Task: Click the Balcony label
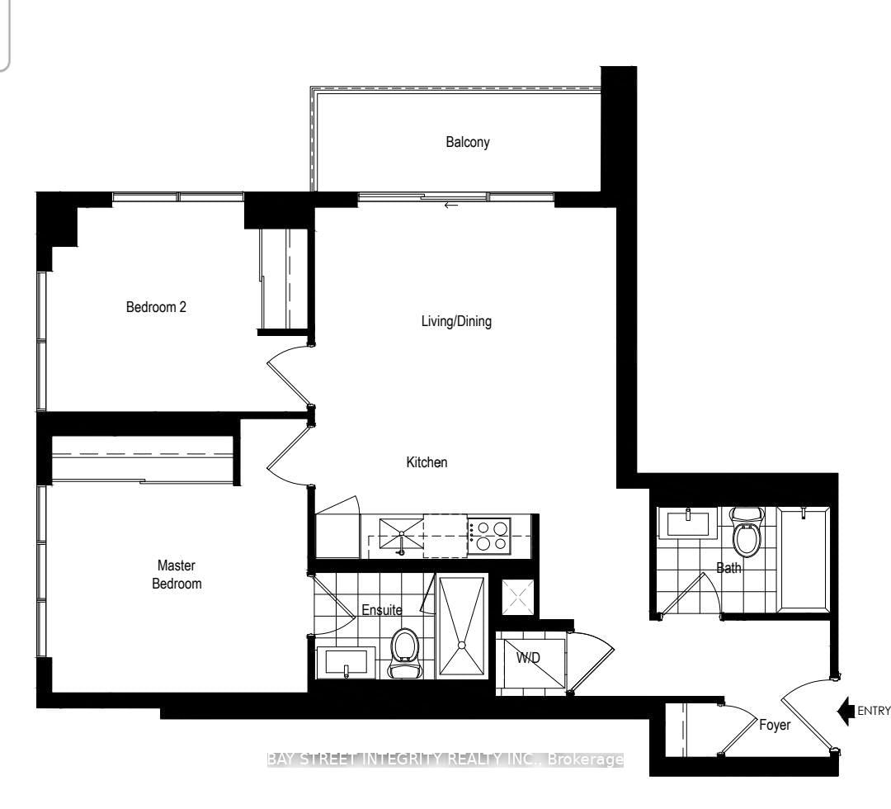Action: tap(467, 142)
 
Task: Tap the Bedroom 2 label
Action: tap(156, 307)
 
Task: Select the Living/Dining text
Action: tap(456, 321)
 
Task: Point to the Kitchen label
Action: tap(427, 462)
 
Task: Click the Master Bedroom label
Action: tap(177, 575)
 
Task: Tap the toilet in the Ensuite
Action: tap(404, 652)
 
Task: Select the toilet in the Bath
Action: tap(746, 532)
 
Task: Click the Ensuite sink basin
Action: tap(346, 662)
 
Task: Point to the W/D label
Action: tap(528, 658)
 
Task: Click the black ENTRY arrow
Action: tap(846, 711)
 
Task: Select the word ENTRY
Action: tap(874, 711)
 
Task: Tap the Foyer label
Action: tap(775, 725)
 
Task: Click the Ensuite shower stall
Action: tap(462, 627)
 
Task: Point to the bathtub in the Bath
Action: tap(804, 560)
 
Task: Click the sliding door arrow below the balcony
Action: tap(450, 206)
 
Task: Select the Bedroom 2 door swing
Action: tap(288, 370)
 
